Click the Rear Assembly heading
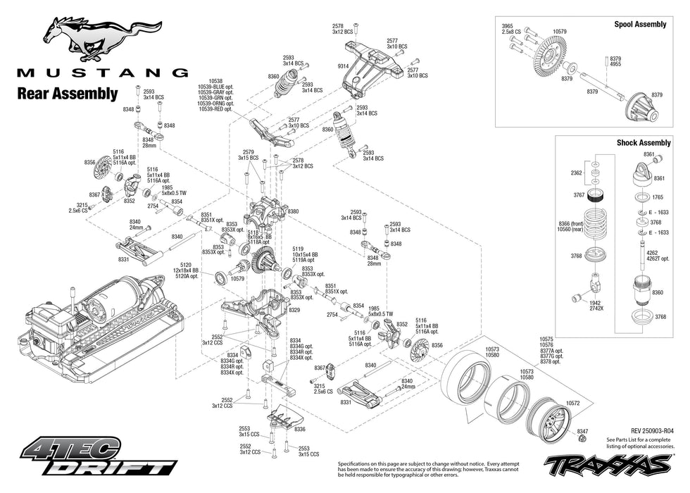(67, 93)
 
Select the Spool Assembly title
(641, 24)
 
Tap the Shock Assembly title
(644, 142)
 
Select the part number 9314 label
(343, 65)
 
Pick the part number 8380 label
(293, 211)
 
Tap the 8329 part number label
(294, 310)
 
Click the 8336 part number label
(299, 429)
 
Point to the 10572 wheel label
(572, 404)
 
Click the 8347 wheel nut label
(582, 430)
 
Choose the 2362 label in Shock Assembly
(576, 172)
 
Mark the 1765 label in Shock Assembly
(658, 197)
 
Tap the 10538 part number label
(215, 81)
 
